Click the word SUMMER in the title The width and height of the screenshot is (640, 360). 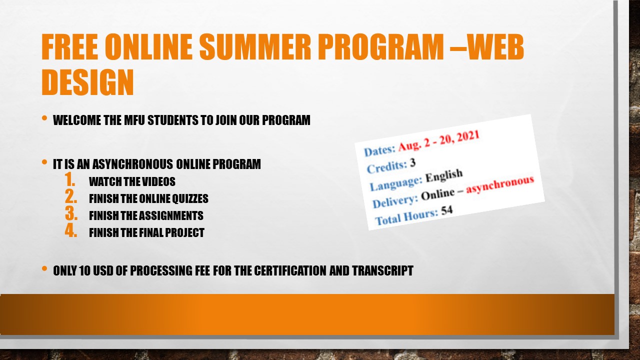(255, 46)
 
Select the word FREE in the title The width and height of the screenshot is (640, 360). (69, 46)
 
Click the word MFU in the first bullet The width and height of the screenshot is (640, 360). (134, 120)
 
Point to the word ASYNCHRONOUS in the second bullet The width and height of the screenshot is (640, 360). (132, 164)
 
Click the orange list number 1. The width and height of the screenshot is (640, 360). (70, 179)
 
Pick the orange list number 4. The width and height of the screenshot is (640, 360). (71, 230)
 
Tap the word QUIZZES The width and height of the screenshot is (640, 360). (190, 198)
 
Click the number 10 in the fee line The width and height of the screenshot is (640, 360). (85, 271)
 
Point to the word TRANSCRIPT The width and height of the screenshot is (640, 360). (382, 271)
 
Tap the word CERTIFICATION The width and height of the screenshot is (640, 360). (290, 271)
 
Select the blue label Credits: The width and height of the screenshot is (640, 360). (387, 167)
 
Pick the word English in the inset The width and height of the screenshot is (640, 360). (444, 175)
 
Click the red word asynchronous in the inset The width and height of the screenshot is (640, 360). (500, 184)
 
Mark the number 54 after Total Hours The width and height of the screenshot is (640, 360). (447, 210)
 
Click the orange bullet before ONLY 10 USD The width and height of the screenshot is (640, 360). (44, 268)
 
